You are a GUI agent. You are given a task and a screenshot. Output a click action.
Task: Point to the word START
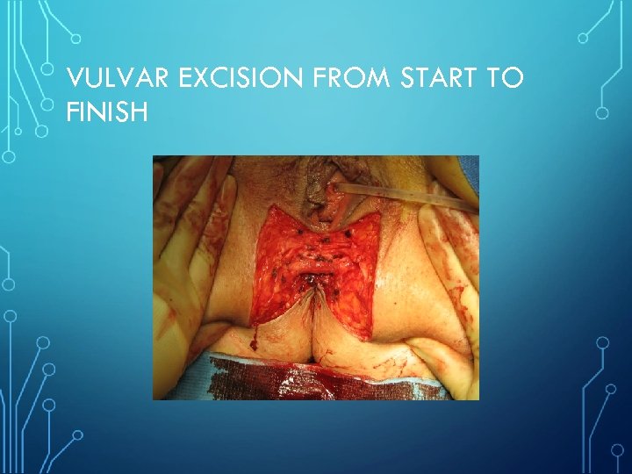[x=439, y=80]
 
